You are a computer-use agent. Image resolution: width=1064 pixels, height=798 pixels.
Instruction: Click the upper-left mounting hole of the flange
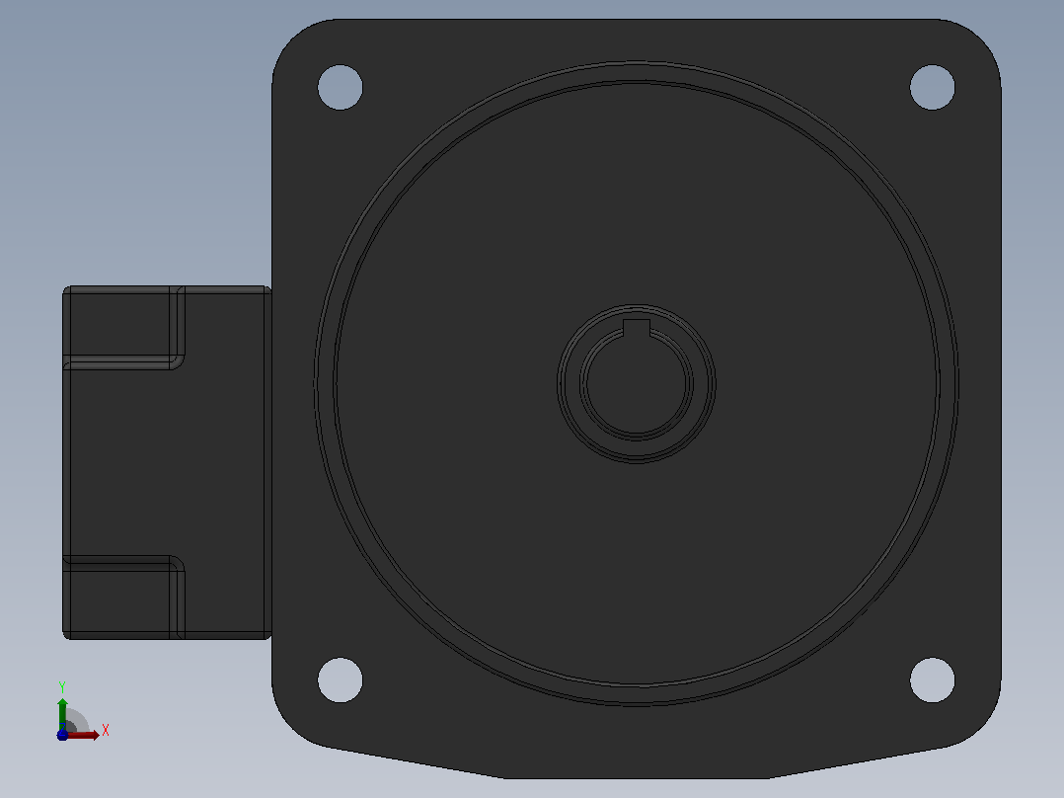[x=340, y=87]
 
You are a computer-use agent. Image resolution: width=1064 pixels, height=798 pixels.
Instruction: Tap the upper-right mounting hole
[x=933, y=87]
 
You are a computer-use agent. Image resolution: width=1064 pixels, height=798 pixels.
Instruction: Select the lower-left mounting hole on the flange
[x=340, y=679]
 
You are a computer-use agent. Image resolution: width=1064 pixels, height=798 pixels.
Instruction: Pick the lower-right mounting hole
[x=933, y=679]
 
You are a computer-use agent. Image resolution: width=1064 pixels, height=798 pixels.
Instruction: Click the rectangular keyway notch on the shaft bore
[x=637, y=327]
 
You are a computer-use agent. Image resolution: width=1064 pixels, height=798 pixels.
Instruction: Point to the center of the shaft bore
[x=637, y=384]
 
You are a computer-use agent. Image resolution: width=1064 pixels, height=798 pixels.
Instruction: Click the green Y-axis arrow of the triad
[x=62, y=713]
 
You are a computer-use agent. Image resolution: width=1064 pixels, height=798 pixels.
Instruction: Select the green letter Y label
[x=62, y=687]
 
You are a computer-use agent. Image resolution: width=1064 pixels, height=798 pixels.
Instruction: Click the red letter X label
[x=106, y=730]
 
